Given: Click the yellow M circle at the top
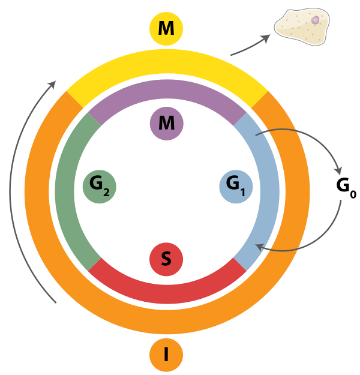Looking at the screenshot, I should (x=166, y=29).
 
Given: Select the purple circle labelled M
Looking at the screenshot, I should (x=166, y=124).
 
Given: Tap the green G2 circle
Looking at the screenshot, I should (x=99, y=185).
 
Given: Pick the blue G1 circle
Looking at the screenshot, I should (x=236, y=185).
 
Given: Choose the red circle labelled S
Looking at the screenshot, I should (x=166, y=259).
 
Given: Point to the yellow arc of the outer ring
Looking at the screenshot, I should (x=166, y=63).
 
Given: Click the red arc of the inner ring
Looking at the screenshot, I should (x=166, y=290).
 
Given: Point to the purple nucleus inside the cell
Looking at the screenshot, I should (x=315, y=20).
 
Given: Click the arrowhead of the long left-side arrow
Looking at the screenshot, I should (x=53, y=85).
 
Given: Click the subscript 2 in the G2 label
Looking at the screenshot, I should (x=106, y=193).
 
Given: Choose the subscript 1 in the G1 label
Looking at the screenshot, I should (x=243, y=193).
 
